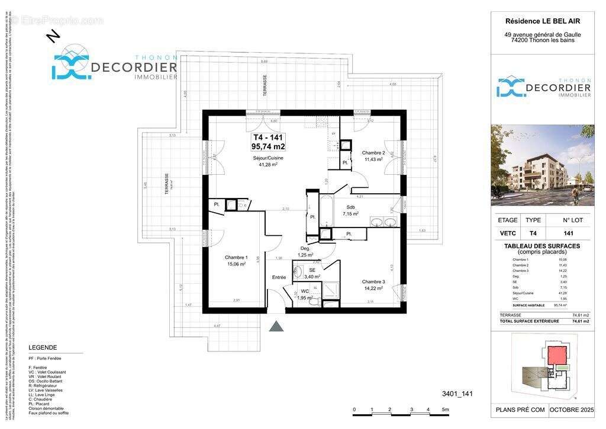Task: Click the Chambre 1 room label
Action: (x=236, y=258)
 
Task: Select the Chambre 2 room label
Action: (x=373, y=153)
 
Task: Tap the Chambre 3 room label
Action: (x=373, y=282)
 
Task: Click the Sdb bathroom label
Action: (x=351, y=207)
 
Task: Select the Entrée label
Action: (x=279, y=277)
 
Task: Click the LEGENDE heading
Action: (x=43, y=348)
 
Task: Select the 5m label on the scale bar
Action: (x=445, y=409)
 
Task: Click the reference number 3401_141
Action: (x=458, y=393)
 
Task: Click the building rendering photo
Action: (x=542, y=164)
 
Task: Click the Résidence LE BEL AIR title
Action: (x=543, y=21)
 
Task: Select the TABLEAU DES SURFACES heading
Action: (x=541, y=246)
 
